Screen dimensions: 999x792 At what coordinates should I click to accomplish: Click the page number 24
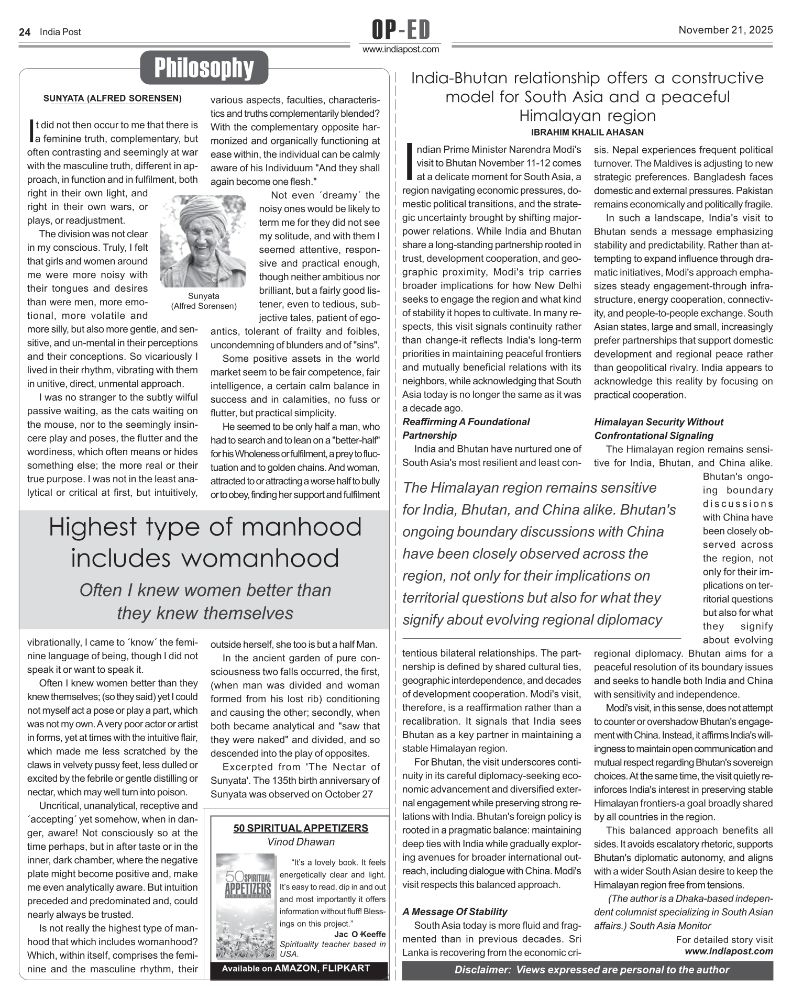pos(24,32)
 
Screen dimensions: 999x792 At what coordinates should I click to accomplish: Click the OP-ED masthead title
pos(401,30)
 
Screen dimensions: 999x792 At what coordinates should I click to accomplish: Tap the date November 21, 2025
pos(725,30)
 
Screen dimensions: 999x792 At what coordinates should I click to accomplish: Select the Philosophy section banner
pos(204,68)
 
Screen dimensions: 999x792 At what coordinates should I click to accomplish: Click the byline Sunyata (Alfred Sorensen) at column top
pos(112,98)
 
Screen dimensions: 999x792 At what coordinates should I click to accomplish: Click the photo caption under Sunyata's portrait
pos(204,301)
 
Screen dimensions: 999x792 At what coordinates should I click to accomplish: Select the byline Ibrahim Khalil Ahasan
pos(587,132)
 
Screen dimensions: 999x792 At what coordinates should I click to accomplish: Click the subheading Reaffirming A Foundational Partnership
pos(466,428)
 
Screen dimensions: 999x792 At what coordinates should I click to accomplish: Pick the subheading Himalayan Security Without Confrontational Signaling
pos(658,428)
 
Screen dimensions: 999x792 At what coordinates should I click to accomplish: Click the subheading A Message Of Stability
pos(455,912)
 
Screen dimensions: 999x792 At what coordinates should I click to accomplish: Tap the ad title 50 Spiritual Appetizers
pos(301,828)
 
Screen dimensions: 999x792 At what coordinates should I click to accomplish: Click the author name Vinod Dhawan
pos(301,841)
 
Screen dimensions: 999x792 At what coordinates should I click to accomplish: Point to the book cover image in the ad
pos(245,906)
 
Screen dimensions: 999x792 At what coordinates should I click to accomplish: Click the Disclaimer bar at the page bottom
pos(591,970)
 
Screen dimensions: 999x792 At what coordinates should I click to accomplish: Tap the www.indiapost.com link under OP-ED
pos(401,49)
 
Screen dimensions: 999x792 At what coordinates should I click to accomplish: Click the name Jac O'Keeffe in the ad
pos(359,934)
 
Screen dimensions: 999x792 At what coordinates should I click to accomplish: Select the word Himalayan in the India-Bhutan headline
pos(587,115)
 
